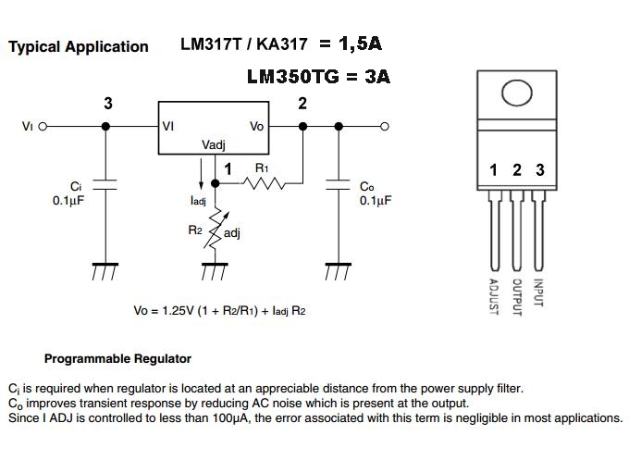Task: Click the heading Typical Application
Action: click(x=78, y=46)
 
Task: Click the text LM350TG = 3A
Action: click(x=318, y=78)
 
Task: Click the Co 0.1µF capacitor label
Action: click(x=375, y=193)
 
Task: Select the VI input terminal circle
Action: click(x=42, y=127)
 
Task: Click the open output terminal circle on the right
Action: click(x=385, y=127)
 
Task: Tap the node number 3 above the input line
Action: click(x=108, y=104)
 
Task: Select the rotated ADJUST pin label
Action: click(x=493, y=296)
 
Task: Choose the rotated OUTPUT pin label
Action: click(x=517, y=296)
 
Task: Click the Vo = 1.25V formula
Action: click(x=219, y=311)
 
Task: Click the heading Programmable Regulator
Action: click(x=117, y=358)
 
